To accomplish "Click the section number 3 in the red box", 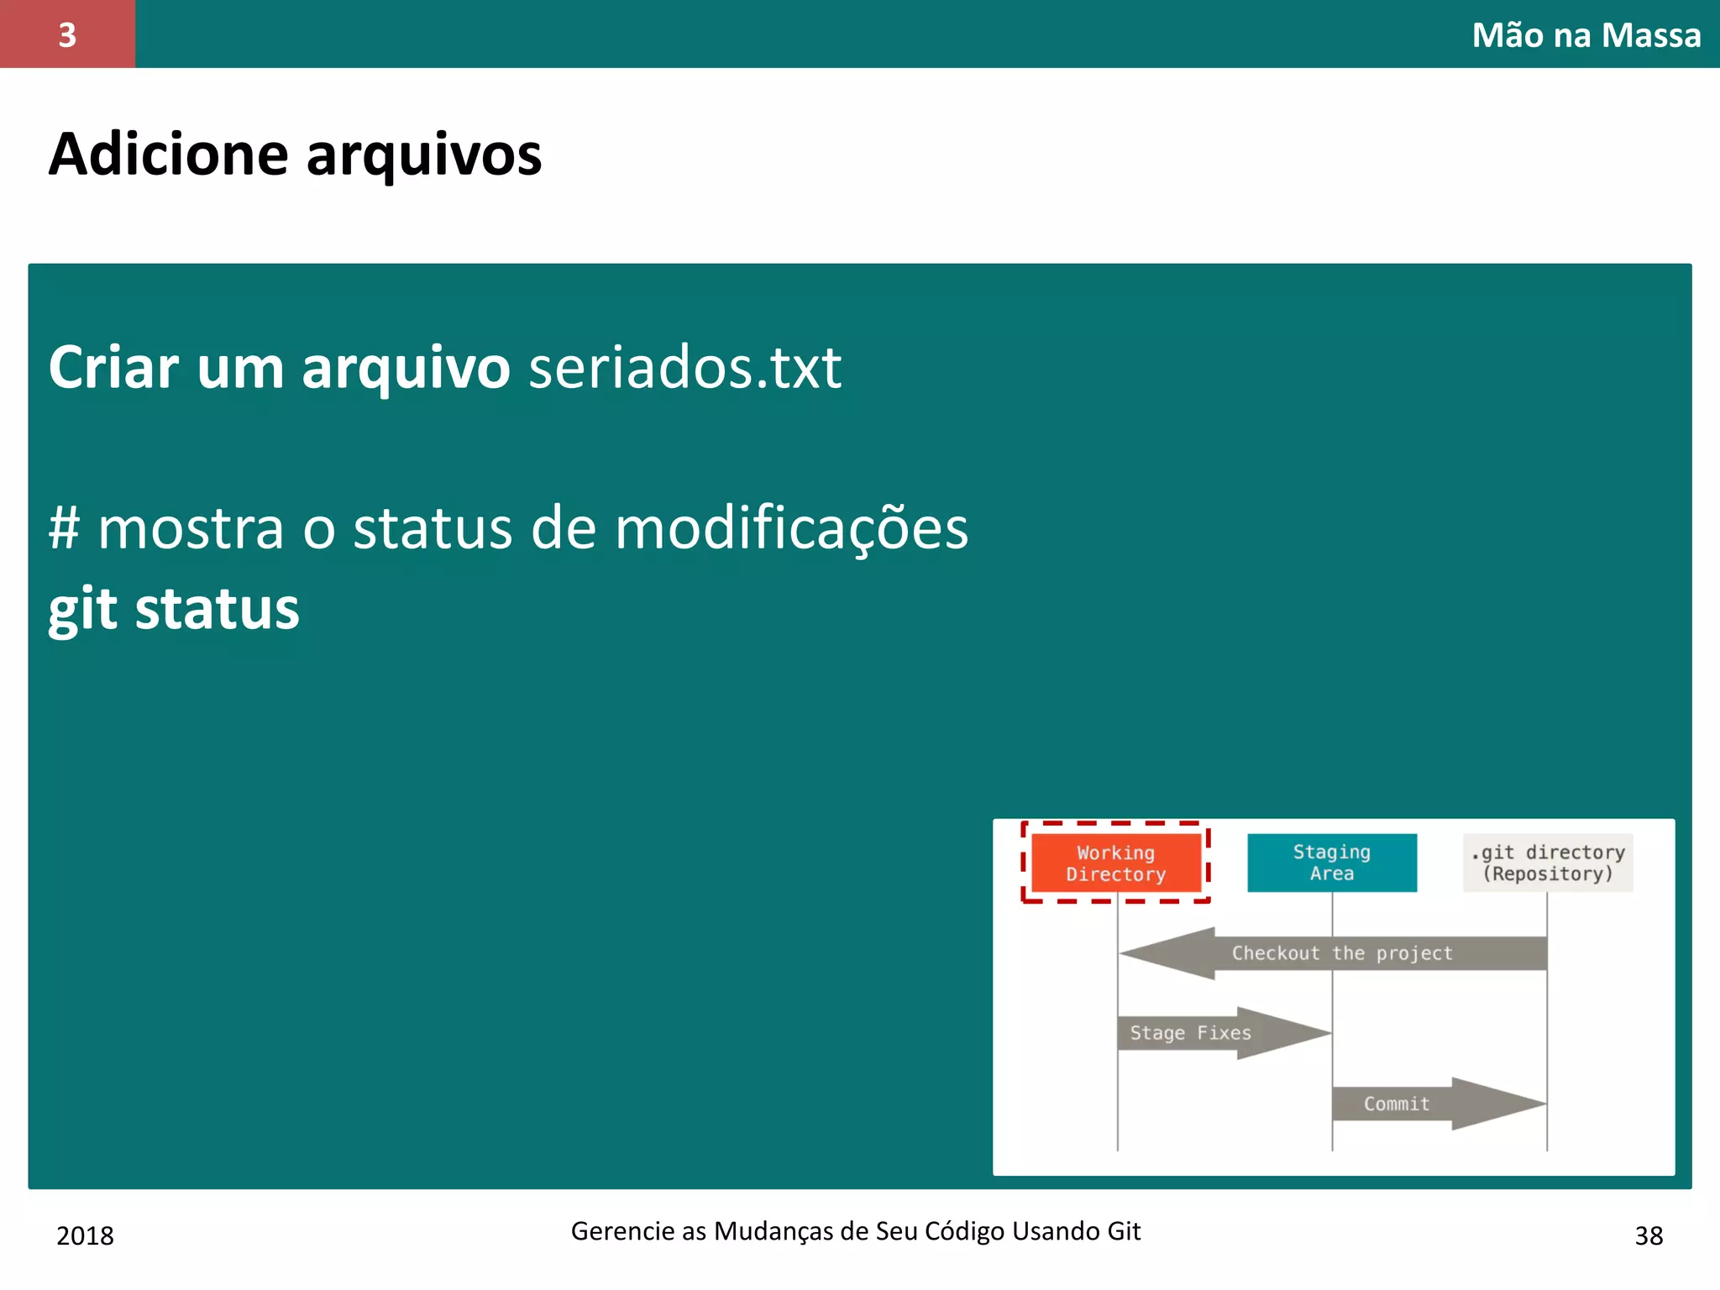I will click(67, 34).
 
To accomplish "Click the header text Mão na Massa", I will click(1586, 35).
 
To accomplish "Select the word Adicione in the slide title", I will click(168, 155).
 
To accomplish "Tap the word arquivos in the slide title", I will click(424, 156).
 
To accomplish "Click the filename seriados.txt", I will click(684, 367).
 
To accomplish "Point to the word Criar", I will click(113, 367).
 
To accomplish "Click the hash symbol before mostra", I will click(64, 528).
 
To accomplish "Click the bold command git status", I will click(174, 608).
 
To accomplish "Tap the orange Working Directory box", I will click(1115, 863).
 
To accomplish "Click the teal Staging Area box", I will click(1331, 863).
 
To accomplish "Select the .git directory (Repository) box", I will click(1547, 863).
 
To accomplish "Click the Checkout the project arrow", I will click(1341, 953).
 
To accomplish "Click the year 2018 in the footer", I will click(85, 1235).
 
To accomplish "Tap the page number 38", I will click(1649, 1235).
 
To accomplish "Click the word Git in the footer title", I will click(1123, 1231).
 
